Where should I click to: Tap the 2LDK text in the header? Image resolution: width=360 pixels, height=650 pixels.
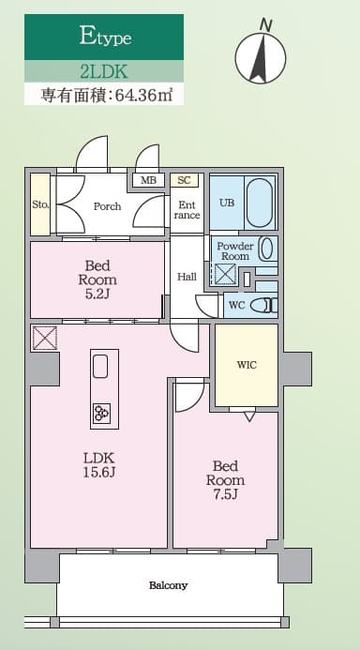103,70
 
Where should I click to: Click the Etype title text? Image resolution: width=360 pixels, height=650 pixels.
104,38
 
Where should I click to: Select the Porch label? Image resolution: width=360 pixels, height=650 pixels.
107,206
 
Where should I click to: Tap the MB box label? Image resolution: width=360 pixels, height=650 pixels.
147,181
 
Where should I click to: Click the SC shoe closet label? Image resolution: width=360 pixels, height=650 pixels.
184,180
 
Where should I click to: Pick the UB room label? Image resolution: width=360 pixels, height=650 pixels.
227,203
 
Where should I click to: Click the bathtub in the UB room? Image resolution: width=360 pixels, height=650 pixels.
260,202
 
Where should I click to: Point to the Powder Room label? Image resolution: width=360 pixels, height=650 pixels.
234,250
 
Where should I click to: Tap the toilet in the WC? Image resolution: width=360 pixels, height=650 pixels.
265,305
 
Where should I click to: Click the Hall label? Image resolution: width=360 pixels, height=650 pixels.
187,277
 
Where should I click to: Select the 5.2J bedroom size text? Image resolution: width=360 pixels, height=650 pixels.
98,295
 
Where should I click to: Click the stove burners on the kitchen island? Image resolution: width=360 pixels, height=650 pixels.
101,412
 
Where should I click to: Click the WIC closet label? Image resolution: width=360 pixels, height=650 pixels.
246,365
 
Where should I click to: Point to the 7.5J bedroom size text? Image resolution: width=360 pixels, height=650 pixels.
226,496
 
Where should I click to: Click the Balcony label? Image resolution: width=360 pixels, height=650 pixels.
169,585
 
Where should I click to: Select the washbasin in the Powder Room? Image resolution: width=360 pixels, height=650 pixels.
266,249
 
